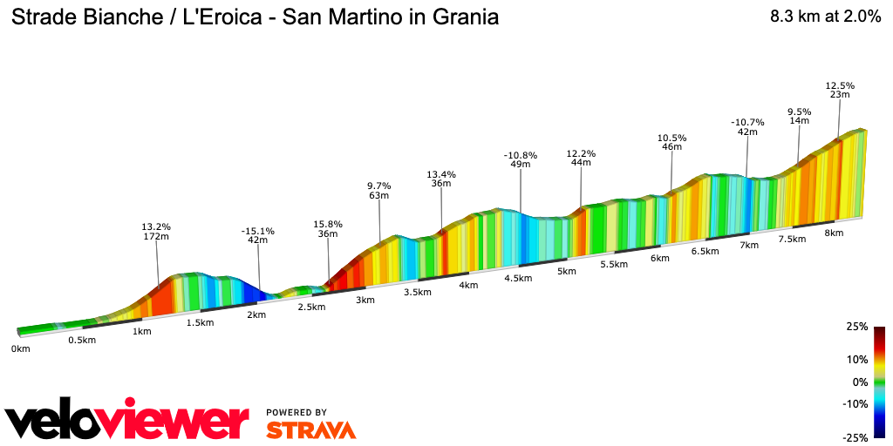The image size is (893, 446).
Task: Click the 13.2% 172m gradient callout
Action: point(156,231)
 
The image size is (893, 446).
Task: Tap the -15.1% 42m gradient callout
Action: point(257,235)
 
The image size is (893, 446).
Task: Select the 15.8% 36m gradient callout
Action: point(328,229)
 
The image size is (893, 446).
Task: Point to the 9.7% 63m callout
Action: point(378,191)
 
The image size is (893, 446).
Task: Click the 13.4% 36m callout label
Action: point(440,179)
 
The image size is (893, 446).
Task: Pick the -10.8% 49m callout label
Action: point(521,159)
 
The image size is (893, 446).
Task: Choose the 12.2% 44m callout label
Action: point(581,158)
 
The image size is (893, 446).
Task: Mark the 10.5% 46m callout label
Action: point(671,142)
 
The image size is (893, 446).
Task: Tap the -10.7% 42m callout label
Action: point(747,127)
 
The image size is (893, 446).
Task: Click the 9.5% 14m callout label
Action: point(799,116)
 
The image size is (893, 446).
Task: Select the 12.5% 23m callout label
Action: point(840,90)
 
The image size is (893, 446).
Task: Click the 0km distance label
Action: point(20,348)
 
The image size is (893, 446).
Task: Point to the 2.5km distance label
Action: point(311,307)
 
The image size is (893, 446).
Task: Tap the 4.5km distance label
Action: point(518,278)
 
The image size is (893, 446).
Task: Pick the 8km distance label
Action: point(834,233)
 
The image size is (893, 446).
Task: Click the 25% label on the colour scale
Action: point(856,327)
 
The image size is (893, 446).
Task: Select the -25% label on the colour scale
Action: point(855,437)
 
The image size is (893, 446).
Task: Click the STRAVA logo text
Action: point(310,429)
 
